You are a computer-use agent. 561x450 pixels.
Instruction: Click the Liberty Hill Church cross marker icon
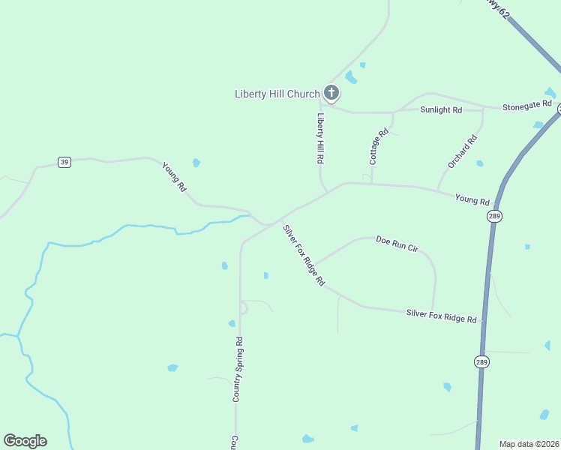pos(331,93)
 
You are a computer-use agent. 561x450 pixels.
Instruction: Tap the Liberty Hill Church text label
pos(277,94)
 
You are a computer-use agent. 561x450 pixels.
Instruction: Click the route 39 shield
pos(65,163)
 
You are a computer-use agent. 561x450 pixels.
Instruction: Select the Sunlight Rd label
pos(441,109)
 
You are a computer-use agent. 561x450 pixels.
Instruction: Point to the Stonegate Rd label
pos(526,105)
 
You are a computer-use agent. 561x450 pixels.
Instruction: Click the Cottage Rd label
pos(379,146)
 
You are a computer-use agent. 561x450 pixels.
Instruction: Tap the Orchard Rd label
pos(463,151)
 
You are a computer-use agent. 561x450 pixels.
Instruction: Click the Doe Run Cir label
pos(396,244)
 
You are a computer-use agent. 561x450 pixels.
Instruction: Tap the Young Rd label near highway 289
pos(472,200)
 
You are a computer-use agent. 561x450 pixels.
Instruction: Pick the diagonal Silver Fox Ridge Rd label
pos(303,255)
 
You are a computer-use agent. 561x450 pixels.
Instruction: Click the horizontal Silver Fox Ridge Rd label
pos(441,316)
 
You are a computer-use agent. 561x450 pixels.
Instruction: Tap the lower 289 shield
pos(481,361)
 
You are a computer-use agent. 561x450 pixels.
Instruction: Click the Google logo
pos(25,441)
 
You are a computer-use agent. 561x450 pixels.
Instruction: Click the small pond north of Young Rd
pos(196,162)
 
